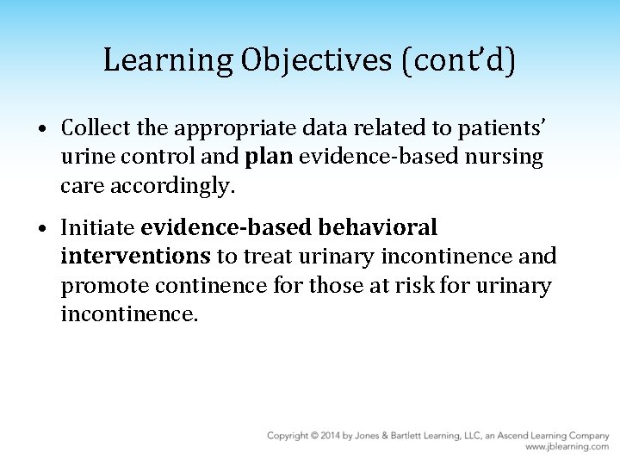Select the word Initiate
pos(97,228)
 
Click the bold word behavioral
pos(378,228)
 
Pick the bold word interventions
pos(135,257)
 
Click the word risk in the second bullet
pos(431,285)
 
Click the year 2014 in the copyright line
pos(331,436)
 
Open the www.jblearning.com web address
pos(567,447)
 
